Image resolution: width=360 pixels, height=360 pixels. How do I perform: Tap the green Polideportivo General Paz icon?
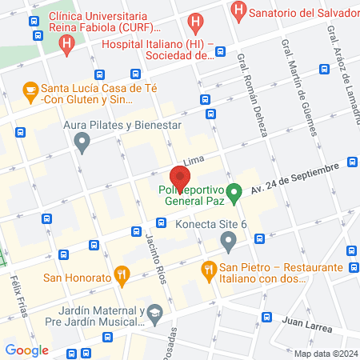pos(234,192)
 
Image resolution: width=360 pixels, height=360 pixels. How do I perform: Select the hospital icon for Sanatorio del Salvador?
pos(238,10)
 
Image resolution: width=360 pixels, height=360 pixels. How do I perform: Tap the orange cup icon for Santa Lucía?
pos(31,90)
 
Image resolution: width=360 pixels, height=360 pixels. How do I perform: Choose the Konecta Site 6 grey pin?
pos(228,239)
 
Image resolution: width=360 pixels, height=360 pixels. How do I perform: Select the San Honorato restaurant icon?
pos(122,276)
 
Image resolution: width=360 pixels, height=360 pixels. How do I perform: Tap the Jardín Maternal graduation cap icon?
pos(153,318)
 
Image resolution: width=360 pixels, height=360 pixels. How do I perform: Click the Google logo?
pos(27,350)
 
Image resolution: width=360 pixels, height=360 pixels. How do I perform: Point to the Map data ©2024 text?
pos(325,354)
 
